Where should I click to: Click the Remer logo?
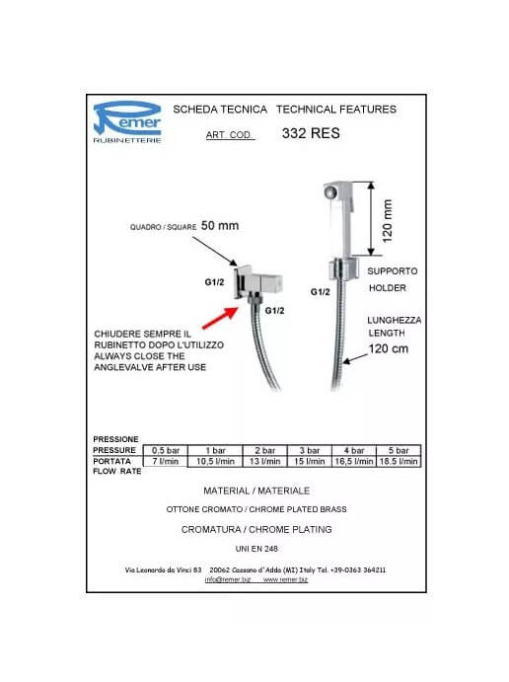pos(127,121)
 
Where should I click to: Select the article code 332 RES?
pos(311,133)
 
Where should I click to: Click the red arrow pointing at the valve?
pos(220,318)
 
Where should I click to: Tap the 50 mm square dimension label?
pos(220,226)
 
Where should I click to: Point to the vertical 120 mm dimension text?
pos(387,221)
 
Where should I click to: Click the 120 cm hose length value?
pos(388,348)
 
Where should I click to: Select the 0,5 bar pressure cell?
pos(166,451)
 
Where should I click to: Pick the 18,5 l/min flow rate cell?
pos(399,462)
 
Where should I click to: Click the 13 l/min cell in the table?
pos(264,462)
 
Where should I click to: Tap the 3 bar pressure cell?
pos(310,451)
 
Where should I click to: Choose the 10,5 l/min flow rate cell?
pos(215,462)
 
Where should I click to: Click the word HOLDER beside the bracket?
pos(388,288)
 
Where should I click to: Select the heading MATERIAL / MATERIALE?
pos(256,492)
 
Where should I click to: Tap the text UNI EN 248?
pos(256,549)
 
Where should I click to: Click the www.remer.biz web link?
pos(285,579)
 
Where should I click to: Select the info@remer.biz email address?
pos(228,579)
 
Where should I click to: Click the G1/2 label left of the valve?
pos(214,282)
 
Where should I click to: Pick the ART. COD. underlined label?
pos(229,135)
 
